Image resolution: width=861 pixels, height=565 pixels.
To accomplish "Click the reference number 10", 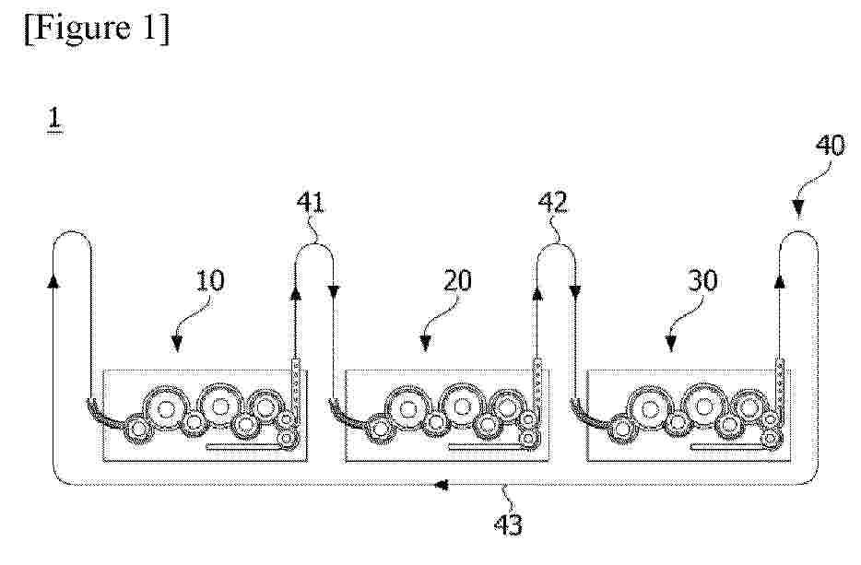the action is pos(210,280).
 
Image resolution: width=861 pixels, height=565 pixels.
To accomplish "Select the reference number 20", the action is pos(457,280).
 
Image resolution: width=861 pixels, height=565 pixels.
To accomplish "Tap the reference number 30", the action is pos(702,280).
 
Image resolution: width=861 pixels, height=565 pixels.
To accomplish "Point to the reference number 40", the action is pos(831,146).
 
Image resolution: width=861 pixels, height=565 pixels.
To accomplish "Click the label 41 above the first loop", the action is pos(311,203).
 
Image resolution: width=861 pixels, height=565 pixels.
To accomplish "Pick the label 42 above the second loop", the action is pos(552,203).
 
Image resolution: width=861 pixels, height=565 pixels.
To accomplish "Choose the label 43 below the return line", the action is pos(508,525).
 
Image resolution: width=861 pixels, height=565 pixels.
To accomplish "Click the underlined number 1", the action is pos(54,120).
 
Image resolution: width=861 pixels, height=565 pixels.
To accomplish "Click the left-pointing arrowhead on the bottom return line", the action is pos(441,485).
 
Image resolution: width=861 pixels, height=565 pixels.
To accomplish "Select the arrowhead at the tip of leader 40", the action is pos(797,208).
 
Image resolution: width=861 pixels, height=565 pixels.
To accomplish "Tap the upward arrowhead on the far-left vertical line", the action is pos(53,280).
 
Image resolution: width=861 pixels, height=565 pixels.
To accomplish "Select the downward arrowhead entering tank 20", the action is pos(335,291).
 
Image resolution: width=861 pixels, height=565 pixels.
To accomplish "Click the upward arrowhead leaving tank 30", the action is pos(779,282).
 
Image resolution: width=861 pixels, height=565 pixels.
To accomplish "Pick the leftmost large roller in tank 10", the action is pos(165,408).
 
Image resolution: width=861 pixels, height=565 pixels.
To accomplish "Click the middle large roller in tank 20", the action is pos(461,406).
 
